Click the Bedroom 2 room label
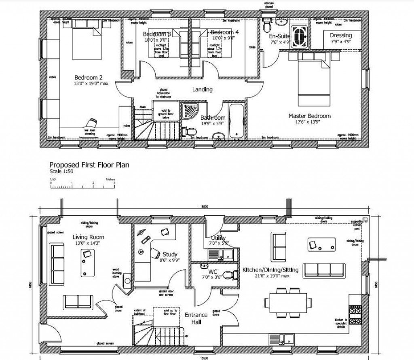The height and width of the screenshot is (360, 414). pyautogui.click(x=89, y=77)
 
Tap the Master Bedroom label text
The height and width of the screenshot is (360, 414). pyautogui.click(x=309, y=116)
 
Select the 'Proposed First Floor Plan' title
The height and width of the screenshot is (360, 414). pyautogui.click(x=89, y=165)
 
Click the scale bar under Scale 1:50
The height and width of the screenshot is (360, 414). pyautogui.click(x=82, y=186)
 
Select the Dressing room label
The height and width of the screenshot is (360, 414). pyautogui.click(x=340, y=36)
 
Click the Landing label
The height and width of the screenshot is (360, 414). pyautogui.click(x=202, y=89)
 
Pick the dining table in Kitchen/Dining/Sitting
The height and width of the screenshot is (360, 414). pyautogui.click(x=288, y=301)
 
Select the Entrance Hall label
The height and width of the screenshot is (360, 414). pyautogui.click(x=196, y=318)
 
